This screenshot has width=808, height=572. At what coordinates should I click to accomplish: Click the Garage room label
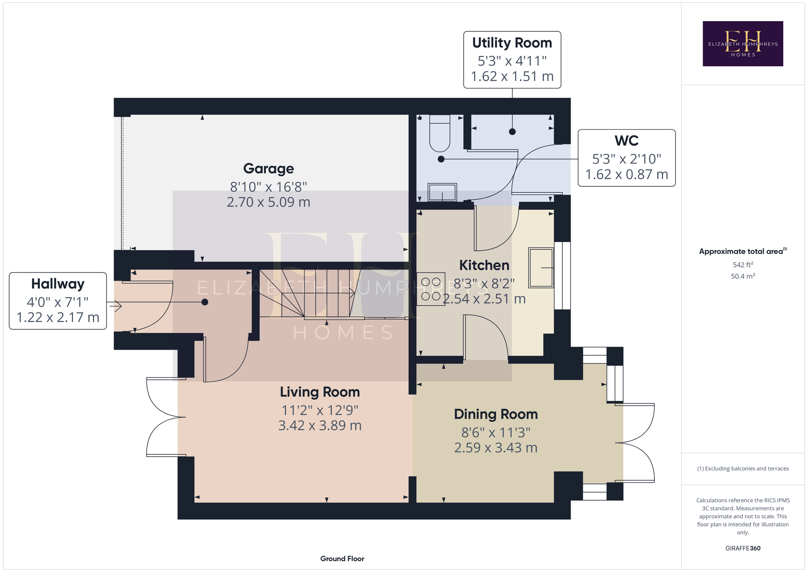tap(269, 169)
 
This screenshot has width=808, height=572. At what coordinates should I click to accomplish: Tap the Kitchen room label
tap(484, 265)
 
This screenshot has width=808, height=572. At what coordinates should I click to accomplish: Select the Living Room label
tap(320, 392)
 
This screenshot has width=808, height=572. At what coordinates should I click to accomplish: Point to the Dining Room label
tap(496, 414)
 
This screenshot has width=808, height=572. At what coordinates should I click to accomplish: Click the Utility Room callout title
tap(512, 43)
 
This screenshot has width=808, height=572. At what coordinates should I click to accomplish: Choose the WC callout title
tap(626, 141)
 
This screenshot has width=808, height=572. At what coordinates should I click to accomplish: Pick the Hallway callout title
tap(58, 284)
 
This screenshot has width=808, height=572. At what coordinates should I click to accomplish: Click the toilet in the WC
tap(440, 133)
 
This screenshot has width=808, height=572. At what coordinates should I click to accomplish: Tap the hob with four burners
tap(431, 289)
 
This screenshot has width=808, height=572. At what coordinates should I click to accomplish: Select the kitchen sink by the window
tap(541, 267)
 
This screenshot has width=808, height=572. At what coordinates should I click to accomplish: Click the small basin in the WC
tap(442, 192)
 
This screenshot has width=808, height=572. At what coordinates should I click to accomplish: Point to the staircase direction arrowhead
tap(352, 293)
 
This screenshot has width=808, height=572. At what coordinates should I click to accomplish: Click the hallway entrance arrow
tap(115, 306)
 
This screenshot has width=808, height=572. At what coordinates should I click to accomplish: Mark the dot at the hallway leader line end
tap(205, 302)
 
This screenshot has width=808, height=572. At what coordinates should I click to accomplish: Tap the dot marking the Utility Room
tap(512, 132)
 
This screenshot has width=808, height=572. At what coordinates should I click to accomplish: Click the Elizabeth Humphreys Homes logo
tap(743, 44)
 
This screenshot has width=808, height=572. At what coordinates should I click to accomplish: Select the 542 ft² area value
tap(743, 265)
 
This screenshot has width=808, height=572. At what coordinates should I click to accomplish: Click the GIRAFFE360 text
tap(743, 548)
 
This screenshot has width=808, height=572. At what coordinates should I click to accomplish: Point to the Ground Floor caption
tap(342, 558)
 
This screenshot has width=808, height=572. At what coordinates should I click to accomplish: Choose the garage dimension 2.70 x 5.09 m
tap(269, 202)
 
